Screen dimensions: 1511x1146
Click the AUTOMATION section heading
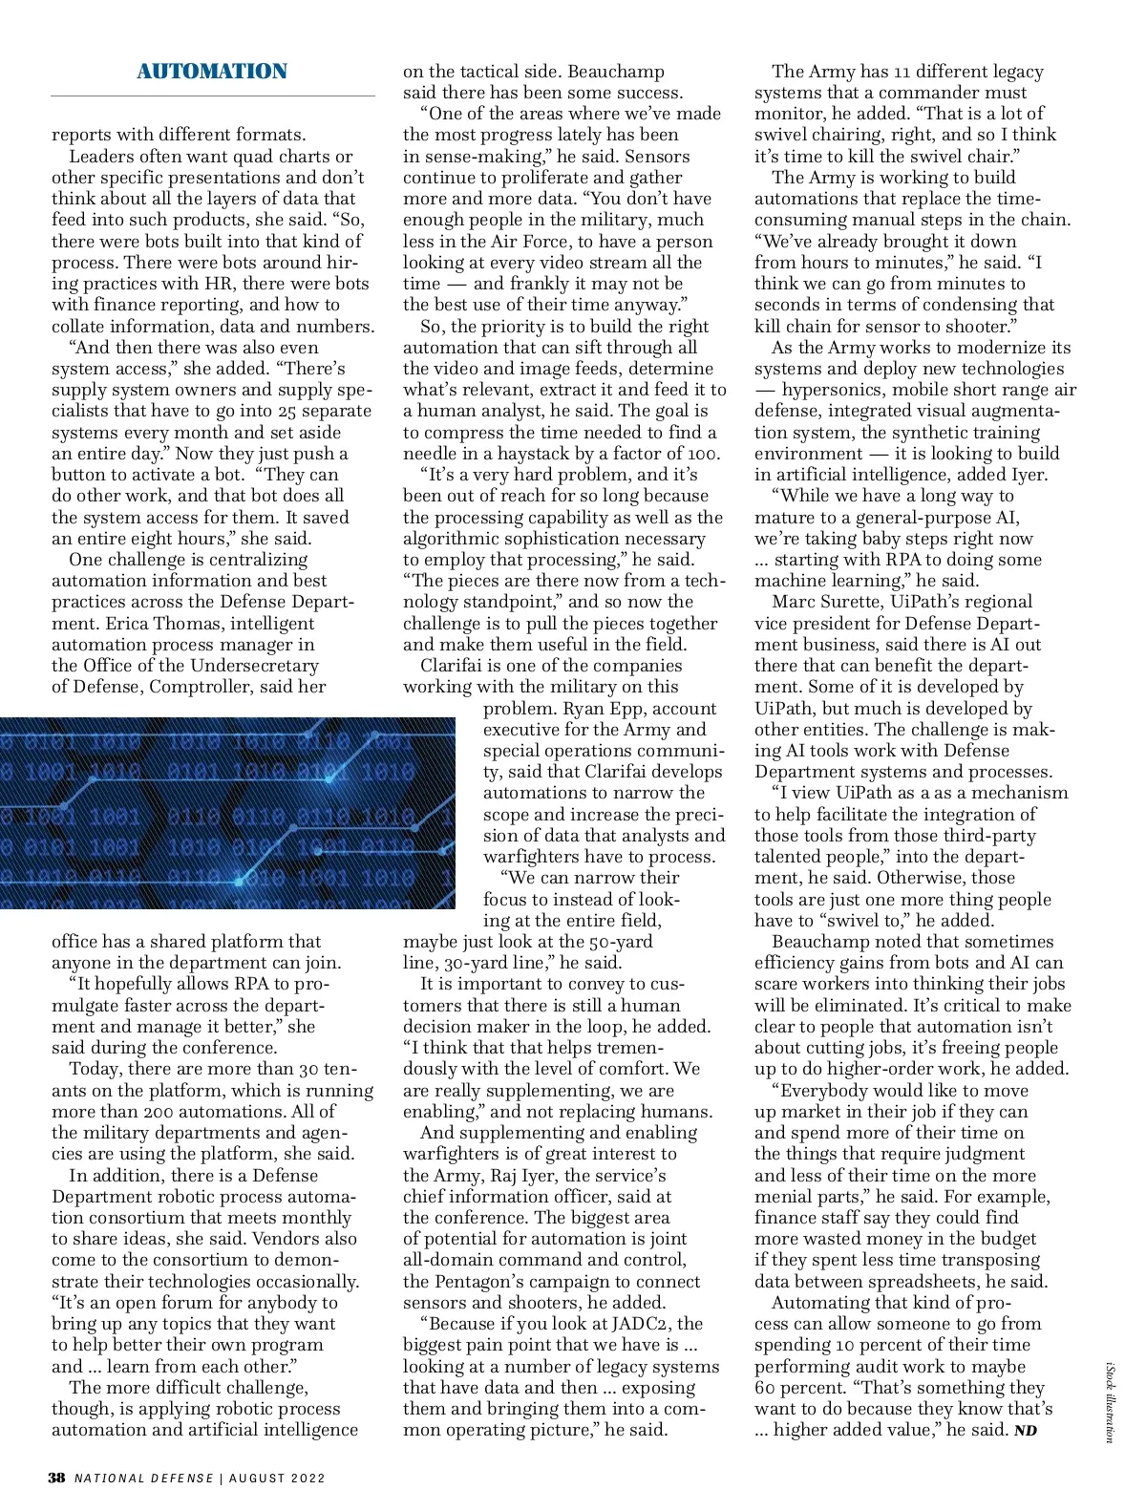[211, 72]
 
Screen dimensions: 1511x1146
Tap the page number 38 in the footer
[57, 1478]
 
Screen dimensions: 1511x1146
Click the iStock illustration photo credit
[1110, 1404]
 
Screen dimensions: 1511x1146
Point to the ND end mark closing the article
[1025, 1430]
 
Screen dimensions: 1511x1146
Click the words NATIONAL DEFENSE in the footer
[144, 1478]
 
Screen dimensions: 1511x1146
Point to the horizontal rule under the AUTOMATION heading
[213, 96]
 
